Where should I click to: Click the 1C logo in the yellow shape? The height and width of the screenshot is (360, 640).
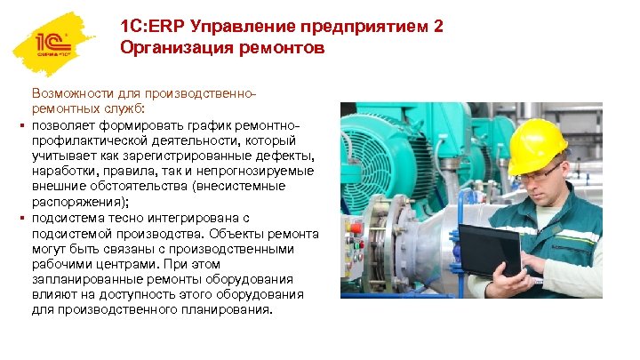tap(52, 44)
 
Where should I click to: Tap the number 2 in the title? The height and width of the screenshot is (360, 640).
tap(436, 27)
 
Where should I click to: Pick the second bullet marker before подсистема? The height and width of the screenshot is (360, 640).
tap(20, 217)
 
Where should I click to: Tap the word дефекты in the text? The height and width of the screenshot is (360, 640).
tap(282, 155)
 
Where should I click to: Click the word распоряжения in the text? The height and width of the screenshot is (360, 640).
tap(75, 200)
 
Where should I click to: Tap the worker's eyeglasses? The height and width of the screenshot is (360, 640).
tap(539, 172)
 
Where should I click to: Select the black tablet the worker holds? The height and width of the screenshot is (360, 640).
tap(489, 250)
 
